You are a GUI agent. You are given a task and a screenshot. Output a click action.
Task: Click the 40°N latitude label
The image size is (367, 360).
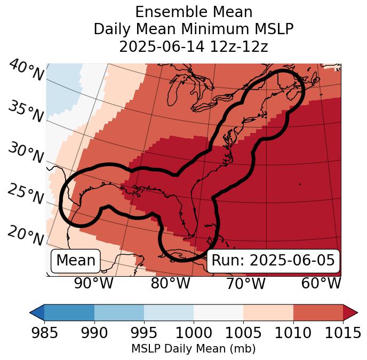pyautogui.click(x=26, y=71)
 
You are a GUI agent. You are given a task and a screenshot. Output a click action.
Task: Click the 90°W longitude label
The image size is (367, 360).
pyautogui.click(x=94, y=283)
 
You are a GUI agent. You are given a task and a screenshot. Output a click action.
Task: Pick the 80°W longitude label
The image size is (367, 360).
pyautogui.click(x=170, y=283)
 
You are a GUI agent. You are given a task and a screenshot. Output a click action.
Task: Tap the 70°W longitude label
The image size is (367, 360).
pyautogui.click(x=246, y=283)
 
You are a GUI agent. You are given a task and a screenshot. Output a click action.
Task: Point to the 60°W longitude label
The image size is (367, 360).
pyautogui.click(x=321, y=283)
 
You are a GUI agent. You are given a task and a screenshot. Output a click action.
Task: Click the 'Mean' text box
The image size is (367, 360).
pyautogui.click(x=76, y=261)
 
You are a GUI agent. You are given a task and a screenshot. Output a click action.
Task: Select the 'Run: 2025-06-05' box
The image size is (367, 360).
pyautogui.click(x=273, y=261)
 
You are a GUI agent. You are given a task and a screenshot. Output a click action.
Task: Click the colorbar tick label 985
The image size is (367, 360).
pyautogui.click(x=44, y=333)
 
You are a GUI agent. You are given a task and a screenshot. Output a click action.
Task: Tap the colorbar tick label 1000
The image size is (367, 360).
pyautogui.click(x=194, y=333)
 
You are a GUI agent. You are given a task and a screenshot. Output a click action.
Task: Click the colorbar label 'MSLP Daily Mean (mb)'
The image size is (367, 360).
pyautogui.click(x=194, y=349)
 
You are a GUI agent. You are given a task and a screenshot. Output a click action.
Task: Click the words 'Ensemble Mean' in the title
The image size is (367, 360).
pyautogui.click(x=194, y=12)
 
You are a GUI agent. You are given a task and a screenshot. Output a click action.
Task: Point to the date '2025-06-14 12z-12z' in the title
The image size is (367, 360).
pyautogui.click(x=194, y=46)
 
